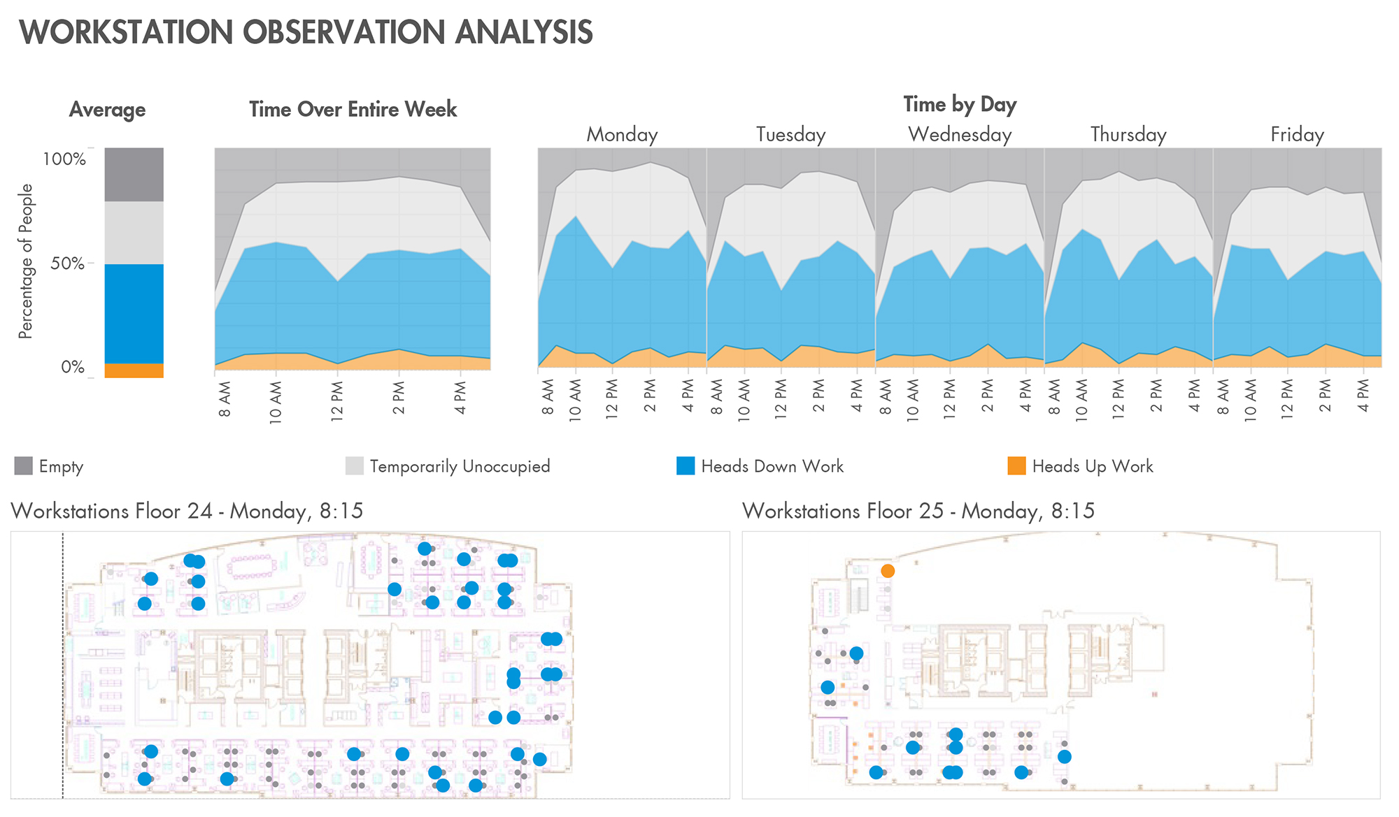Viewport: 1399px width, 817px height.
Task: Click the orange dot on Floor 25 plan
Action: point(887,571)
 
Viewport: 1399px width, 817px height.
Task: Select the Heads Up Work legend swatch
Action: point(1016,465)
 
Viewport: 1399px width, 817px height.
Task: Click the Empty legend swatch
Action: point(23,465)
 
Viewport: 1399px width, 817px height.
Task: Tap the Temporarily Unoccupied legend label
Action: point(460,466)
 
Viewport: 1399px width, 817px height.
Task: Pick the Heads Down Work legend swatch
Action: point(686,465)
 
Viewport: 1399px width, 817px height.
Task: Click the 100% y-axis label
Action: point(64,159)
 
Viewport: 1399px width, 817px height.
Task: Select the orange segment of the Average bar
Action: point(134,370)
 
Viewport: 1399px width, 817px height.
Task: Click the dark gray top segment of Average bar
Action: point(134,174)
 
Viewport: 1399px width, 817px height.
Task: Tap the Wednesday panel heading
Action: point(960,134)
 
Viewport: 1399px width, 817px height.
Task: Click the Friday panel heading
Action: point(1297,134)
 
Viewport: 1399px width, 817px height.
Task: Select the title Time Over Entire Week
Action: point(353,110)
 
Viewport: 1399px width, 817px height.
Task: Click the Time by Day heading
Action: point(960,104)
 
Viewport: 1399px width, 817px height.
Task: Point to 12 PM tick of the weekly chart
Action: point(338,398)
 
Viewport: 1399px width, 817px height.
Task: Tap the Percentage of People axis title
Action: point(26,261)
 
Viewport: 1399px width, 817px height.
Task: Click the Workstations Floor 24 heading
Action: point(187,511)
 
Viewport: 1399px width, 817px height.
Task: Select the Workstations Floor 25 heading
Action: point(918,511)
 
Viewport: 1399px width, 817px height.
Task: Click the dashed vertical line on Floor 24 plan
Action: point(63,664)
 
